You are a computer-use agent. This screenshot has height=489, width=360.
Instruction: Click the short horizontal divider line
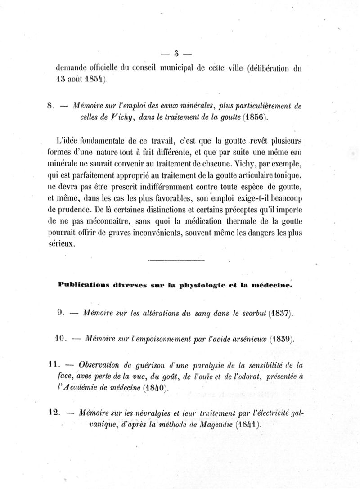click(x=175, y=260)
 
